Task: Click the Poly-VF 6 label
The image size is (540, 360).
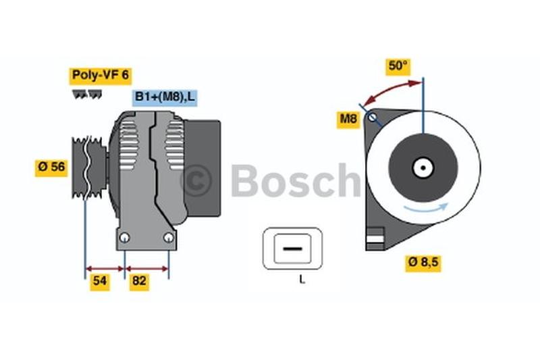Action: pos(99,75)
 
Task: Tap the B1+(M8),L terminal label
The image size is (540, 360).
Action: pos(165,98)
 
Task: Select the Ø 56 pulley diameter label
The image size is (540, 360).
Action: pos(52,167)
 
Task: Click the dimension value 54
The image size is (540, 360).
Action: pos(100,282)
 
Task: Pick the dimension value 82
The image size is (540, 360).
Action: pos(139,282)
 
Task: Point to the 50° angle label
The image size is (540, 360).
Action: pos(398,66)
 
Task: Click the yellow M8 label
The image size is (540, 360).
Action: pos(348,120)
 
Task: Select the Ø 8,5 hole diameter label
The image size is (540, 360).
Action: pos(423,263)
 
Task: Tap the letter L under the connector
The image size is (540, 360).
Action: pos(302,280)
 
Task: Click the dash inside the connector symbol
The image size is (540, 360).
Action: pos(293,249)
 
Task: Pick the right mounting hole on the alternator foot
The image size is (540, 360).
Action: pos(169,237)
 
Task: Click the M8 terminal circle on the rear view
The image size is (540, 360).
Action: pos(371,118)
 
